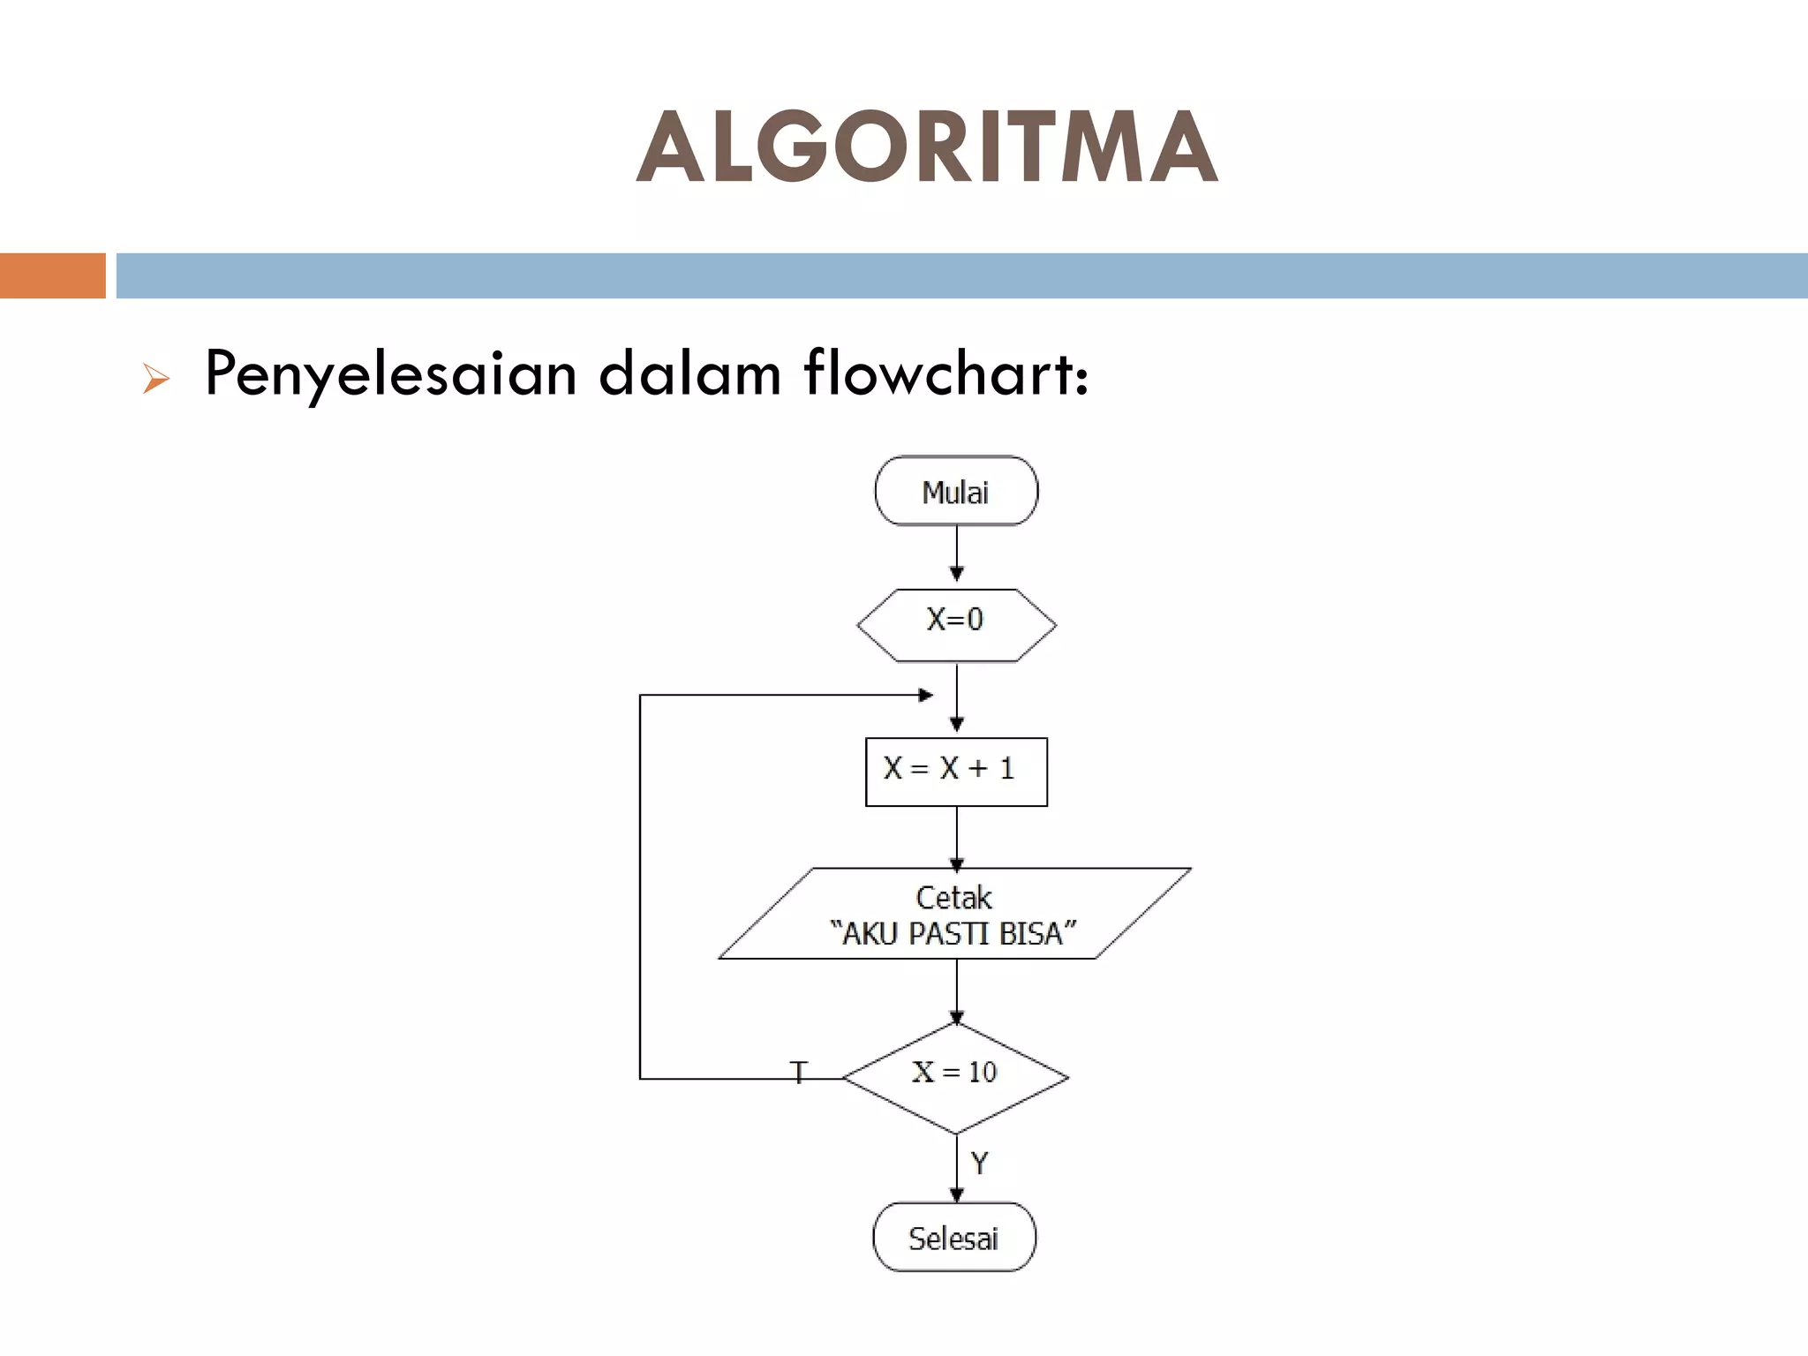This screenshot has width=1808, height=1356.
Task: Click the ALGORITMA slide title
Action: point(927,147)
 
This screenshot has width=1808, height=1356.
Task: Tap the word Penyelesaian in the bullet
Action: point(390,374)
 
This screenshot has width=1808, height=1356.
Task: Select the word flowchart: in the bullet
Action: point(946,374)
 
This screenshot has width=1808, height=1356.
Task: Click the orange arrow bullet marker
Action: point(155,380)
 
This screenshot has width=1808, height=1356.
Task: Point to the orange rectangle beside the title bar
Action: point(52,275)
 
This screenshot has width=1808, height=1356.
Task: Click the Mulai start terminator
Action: point(956,492)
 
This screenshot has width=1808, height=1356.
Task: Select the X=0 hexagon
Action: point(956,624)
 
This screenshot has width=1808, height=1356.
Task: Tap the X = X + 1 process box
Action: point(956,772)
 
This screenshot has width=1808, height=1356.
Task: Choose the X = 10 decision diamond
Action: point(956,1076)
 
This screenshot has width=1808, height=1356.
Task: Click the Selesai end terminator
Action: point(954,1238)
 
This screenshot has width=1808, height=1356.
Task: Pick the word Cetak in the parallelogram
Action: point(953,898)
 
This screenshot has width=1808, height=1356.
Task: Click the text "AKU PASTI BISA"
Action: point(953,934)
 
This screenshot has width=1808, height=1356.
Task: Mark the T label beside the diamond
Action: point(799,1073)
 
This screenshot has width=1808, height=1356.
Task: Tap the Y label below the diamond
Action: point(979,1164)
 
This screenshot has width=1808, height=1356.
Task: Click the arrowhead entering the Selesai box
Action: point(956,1194)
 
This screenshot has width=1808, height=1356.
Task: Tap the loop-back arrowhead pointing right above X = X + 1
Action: point(925,696)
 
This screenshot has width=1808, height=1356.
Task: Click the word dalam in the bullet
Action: point(690,374)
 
